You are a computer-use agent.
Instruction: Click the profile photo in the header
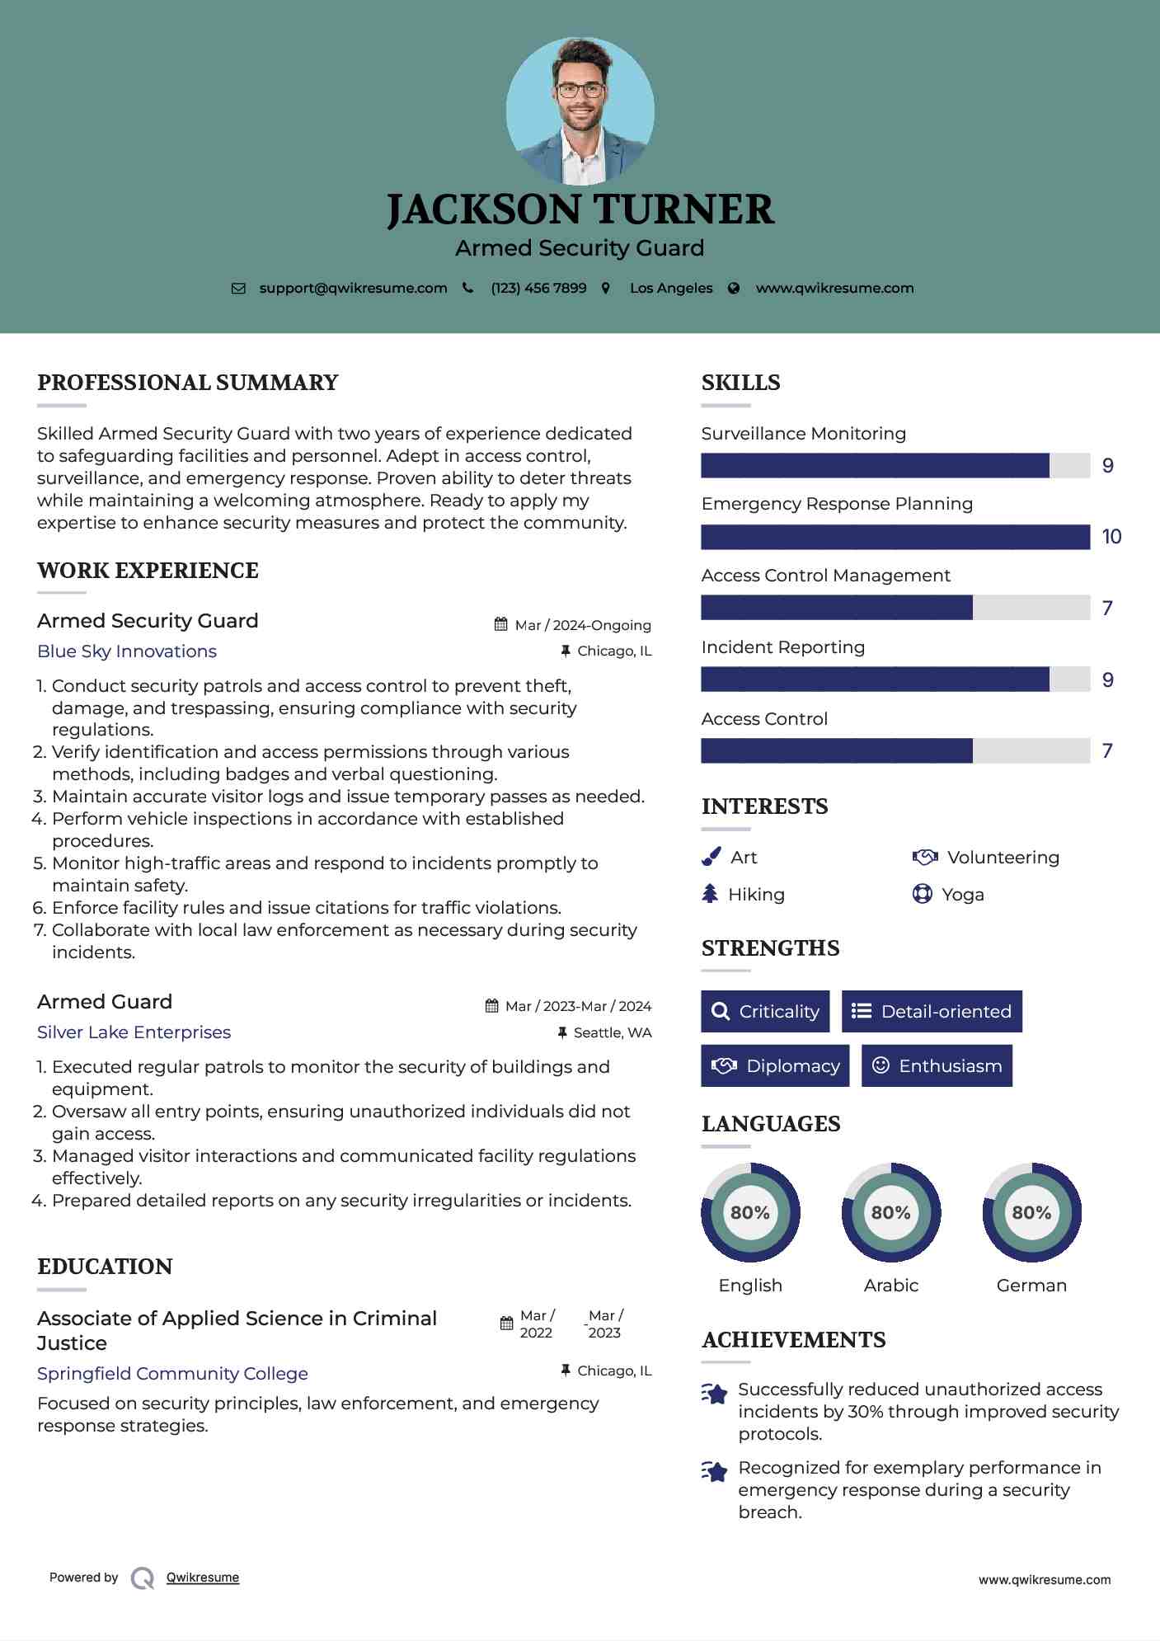[580, 110]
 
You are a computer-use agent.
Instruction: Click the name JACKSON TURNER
[580, 209]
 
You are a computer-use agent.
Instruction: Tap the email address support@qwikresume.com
[353, 288]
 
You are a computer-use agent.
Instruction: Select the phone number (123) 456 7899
[538, 288]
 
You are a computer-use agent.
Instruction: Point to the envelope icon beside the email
[238, 289]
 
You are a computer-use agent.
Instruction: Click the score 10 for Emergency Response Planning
[1111, 537]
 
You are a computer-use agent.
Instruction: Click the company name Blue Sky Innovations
[127, 651]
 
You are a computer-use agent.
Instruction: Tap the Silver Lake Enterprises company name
[134, 1032]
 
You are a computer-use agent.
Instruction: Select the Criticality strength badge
[765, 1011]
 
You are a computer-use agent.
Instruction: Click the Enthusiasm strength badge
[937, 1065]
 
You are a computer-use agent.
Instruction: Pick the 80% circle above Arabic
[890, 1212]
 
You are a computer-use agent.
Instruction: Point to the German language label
[1031, 1285]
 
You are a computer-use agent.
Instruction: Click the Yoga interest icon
[922, 894]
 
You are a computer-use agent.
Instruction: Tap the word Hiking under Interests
[756, 895]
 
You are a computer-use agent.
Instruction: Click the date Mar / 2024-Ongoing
[582, 625]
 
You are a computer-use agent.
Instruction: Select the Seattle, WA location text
[612, 1032]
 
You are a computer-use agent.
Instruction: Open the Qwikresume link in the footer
[203, 1578]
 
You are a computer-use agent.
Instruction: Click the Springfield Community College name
[172, 1373]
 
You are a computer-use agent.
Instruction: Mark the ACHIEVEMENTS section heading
[793, 1340]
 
